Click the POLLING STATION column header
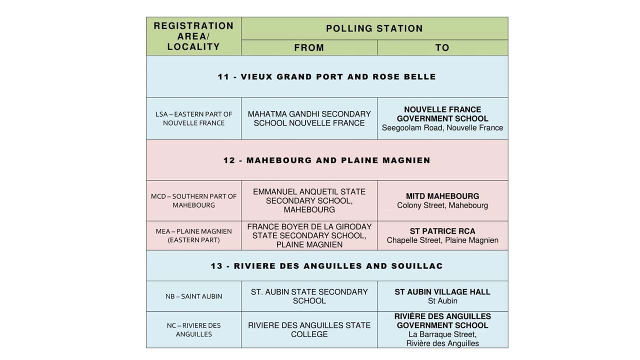coord(374,28)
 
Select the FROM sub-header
coord(309,47)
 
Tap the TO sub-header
coord(442,47)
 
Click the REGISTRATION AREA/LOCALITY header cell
coord(193,36)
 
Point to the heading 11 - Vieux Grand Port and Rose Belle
coord(326,76)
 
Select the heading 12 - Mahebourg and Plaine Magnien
coord(326,160)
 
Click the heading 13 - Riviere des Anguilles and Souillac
coord(326,266)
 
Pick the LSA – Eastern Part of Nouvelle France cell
coord(193,118)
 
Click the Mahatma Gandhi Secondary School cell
coord(309,118)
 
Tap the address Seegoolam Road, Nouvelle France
coord(442,128)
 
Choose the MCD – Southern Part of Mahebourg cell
coord(193,200)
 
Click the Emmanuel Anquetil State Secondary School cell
coord(309,200)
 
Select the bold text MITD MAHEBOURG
coord(442,196)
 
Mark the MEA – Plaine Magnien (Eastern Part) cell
coord(193,235)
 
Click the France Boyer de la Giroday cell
coord(309,235)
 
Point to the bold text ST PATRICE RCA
coord(442,231)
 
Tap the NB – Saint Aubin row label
coord(193,296)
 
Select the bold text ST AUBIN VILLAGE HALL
coord(442,292)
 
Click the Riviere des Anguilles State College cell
coord(309,329)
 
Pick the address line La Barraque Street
coord(442,334)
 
